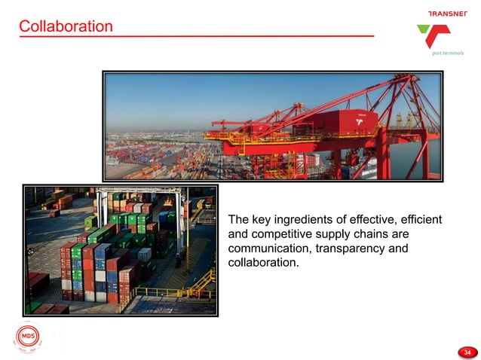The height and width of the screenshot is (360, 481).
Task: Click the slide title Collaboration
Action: (x=66, y=27)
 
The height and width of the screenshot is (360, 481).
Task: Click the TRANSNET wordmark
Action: (x=448, y=14)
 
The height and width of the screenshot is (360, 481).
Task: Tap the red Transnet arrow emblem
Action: (x=436, y=36)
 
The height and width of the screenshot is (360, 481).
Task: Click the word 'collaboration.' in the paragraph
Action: (x=263, y=263)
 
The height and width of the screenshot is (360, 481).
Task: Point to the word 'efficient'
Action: (x=418, y=220)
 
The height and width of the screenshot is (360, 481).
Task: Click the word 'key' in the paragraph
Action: (x=262, y=220)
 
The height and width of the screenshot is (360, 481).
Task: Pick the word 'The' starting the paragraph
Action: (x=238, y=220)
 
